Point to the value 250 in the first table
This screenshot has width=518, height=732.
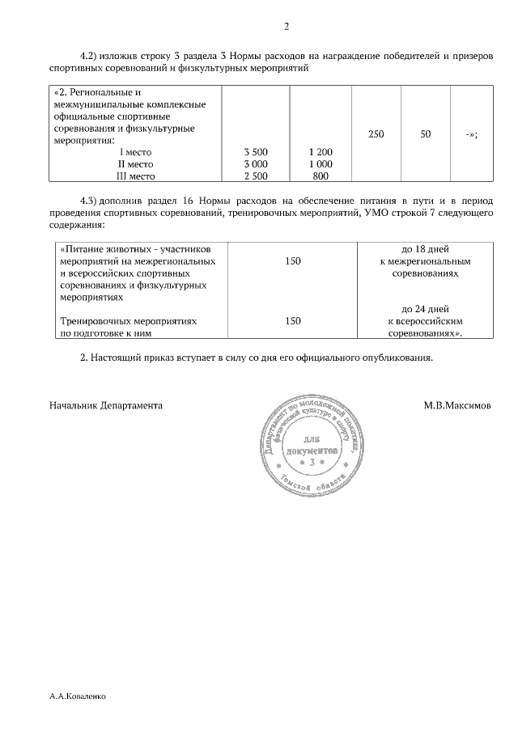[376, 134]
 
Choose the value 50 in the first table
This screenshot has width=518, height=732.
[425, 134]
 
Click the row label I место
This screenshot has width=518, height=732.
[135, 152]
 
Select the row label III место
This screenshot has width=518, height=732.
[135, 176]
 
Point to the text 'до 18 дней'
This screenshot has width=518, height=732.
[425, 250]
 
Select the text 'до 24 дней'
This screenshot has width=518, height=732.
[425, 309]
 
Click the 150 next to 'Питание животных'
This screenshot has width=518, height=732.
[293, 262]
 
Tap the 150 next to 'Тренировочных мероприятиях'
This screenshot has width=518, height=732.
[293, 321]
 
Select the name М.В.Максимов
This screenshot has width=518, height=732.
[456, 404]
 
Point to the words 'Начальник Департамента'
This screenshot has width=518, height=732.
[105, 404]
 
